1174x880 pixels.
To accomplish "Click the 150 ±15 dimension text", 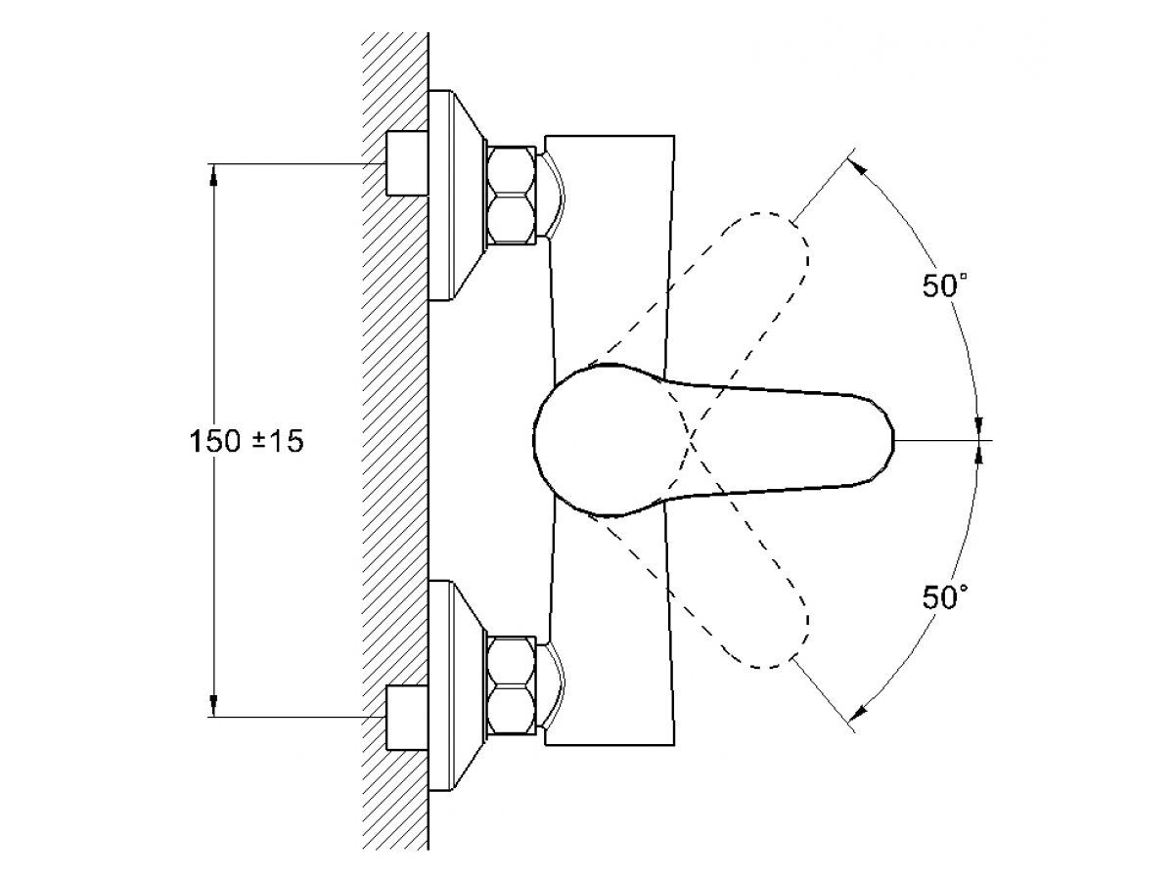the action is coord(247,441).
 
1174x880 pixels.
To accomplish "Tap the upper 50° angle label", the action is coord(944,285).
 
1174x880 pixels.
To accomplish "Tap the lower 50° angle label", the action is coord(944,596).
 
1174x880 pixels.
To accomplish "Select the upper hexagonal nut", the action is coord(512,196).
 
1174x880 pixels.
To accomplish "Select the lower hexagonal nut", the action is coord(512,685).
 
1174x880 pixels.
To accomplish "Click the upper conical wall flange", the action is coord(456,195).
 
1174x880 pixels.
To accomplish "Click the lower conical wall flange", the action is coord(456,685).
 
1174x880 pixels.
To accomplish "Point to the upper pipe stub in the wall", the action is coord(407,163).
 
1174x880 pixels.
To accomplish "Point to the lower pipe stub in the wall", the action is coord(407,718).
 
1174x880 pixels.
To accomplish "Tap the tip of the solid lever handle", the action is coord(894,440).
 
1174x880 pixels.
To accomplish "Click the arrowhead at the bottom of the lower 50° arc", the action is coord(857,714).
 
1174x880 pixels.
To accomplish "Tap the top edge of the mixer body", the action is coord(610,136).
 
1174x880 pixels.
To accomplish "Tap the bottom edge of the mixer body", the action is coord(610,745).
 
